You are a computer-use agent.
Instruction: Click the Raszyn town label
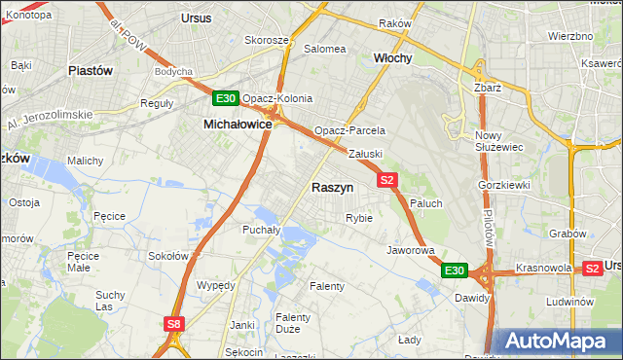pos(332,187)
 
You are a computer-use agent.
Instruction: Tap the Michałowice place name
pos(238,125)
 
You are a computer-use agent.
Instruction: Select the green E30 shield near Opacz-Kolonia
pos(225,98)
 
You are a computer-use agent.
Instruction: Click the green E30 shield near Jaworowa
pos(455,270)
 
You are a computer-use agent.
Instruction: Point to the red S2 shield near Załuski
pos(387,180)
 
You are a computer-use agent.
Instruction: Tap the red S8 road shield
pos(173,324)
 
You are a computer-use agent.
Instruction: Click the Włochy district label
pos(393,58)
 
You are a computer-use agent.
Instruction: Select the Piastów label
pos(91,71)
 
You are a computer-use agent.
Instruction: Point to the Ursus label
pos(197,18)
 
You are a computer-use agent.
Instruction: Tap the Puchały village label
pos(261,230)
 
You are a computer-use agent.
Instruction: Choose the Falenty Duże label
pos(292,324)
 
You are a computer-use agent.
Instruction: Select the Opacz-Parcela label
pos(349,130)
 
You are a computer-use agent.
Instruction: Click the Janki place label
pos(241,324)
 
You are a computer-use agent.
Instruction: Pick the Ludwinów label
pos(569,302)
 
